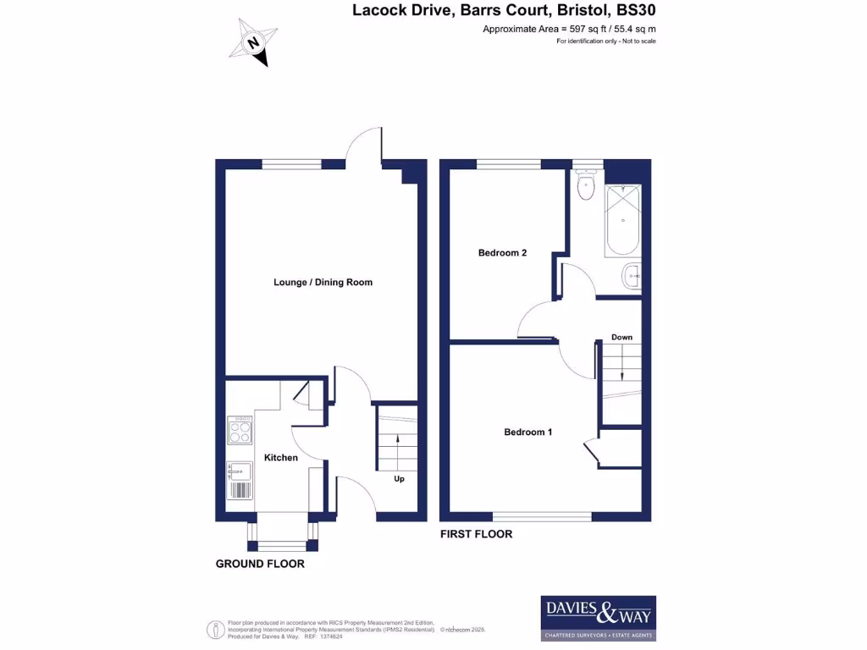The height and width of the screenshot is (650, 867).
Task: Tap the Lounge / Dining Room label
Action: tap(323, 283)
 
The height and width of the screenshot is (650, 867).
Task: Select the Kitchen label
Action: tap(281, 458)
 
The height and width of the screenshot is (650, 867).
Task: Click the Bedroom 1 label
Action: tap(528, 432)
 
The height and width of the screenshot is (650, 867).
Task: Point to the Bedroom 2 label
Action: tap(503, 253)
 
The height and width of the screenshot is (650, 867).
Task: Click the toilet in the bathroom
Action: tap(585, 186)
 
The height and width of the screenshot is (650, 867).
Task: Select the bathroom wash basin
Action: tap(632, 276)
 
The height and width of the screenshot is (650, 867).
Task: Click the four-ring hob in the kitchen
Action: tap(240, 432)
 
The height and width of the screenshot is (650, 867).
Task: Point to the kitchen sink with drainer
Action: tap(240, 481)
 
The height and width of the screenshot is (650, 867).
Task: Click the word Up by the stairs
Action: tap(399, 479)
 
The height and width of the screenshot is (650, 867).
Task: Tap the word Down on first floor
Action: tap(622, 338)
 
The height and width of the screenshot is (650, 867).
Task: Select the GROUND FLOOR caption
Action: tap(260, 564)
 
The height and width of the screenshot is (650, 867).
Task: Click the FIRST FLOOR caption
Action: tap(476, 535)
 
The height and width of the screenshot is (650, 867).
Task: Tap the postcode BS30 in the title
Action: tap(637, 11)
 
